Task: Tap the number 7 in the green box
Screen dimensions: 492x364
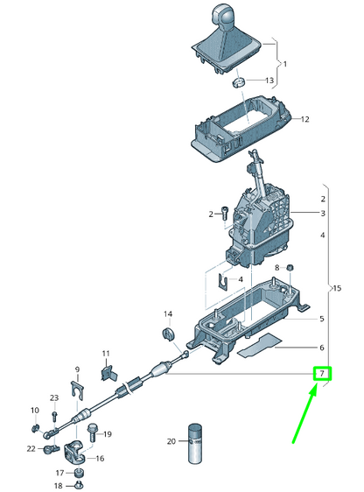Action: point(322,374)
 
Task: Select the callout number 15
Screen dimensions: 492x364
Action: point(338,288)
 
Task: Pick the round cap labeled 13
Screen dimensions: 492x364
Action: point(236,82)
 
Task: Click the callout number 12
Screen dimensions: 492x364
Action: point(306,119)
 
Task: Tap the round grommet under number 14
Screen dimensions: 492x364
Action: point(168,334)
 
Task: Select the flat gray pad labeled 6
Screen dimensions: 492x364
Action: point(261,348)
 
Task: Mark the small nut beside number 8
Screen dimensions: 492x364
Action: point(291,267)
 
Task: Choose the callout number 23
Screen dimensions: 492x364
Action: point(53,397)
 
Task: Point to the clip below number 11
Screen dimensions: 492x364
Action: point(108,372)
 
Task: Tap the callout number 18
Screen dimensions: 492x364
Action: point(59,485)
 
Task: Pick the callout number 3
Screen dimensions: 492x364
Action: point(322,214)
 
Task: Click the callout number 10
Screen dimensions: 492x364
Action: point(35,410)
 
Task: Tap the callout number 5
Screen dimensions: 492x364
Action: point(322,319)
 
